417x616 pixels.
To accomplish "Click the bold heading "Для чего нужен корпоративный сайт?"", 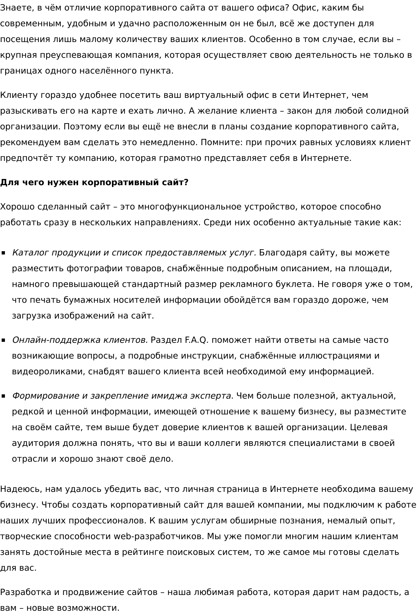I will click(94, 183).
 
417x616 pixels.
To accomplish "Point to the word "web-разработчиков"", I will click(159, 537).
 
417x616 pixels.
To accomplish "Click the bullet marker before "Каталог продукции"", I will click(4, 253).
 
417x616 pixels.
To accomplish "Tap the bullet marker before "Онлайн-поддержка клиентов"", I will click(4, 340).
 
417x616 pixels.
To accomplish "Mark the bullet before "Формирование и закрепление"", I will click(4, 396).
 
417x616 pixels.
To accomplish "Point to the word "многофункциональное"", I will click(189, 207).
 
